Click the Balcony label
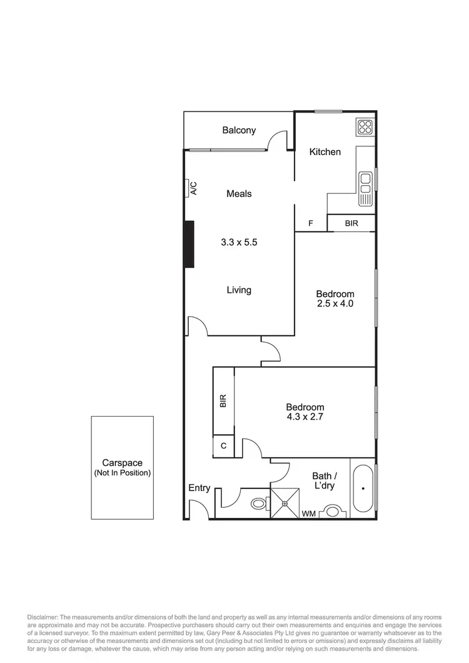[239, 130]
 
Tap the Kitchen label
[325, 151]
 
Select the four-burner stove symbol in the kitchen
[365, 128]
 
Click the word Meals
[239, 194]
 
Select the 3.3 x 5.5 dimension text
[239, 242]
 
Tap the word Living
[239, 290]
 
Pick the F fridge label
[311, 223]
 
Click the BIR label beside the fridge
[351, 223]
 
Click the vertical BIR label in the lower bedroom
[223, 401]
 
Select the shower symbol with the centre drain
[285, 503]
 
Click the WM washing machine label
[308, 514]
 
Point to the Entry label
[199, 488]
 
